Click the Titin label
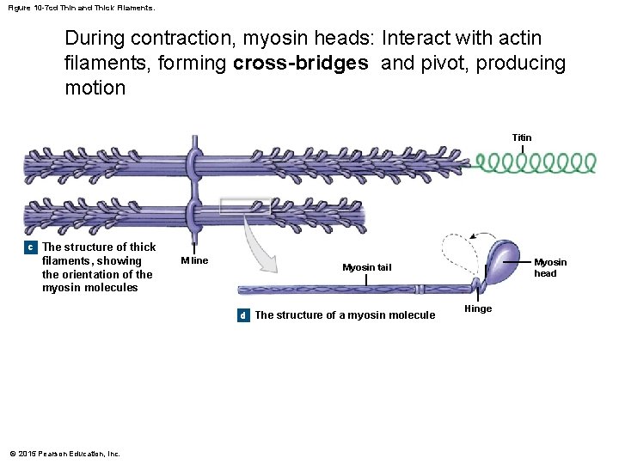(x=522, y=137)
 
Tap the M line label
(x=194, y=260)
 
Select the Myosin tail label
(x=366, y=267)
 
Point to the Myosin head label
(x=550, y=267)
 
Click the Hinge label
(x=478, y=308)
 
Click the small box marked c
(x=30, y=247)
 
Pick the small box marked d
(x=242, y=315)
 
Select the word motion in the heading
(x=95, y=89)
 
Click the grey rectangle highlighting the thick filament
(x=245, y=206)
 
